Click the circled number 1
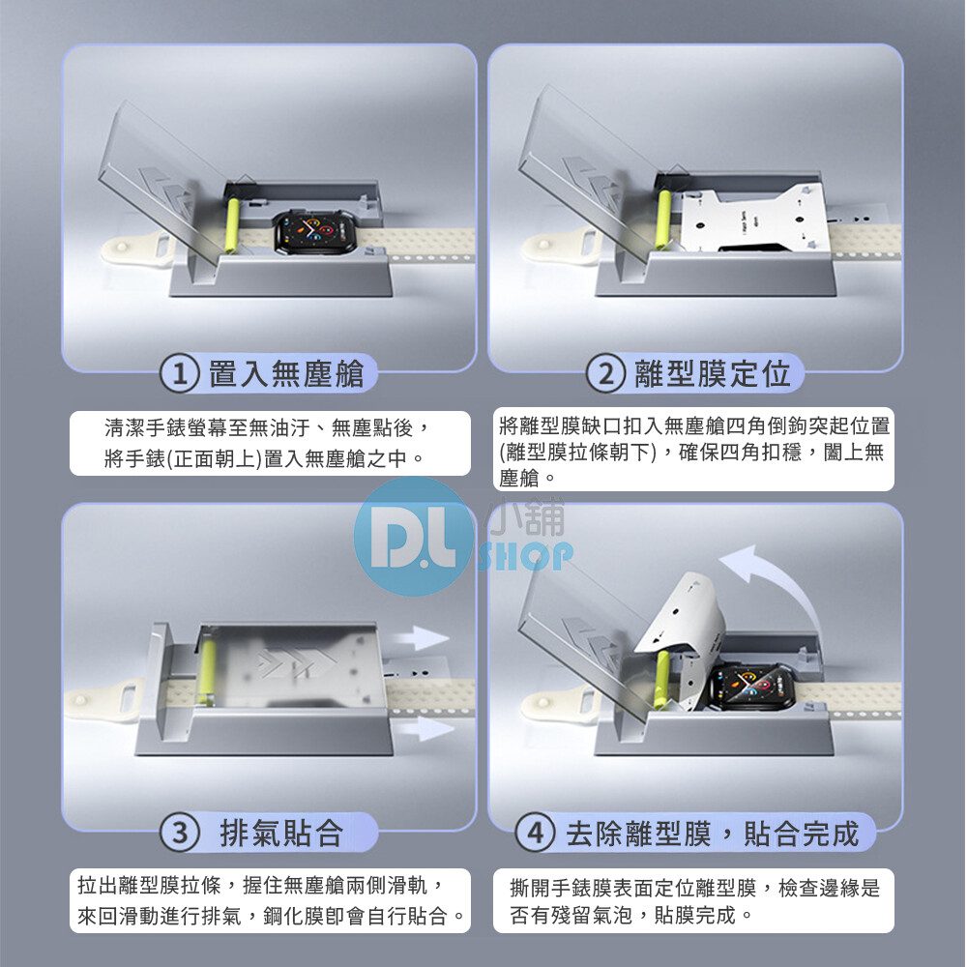[180, 373]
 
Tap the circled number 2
[605, 373]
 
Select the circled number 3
[180, 834]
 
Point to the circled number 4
[536, 834]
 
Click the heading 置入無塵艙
[286, 373]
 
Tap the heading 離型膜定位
[713, 373]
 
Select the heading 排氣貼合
[281, 834]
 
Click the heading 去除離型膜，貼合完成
[713, 834]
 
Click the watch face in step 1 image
[315, 232]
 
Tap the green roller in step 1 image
[232, 225]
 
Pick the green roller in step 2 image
[664, 219]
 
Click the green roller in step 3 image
[206, 671]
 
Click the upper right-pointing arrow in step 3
[421, 638]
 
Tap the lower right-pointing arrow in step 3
[425, 729]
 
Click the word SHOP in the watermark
[525, 557]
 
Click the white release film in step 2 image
[754, 219]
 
